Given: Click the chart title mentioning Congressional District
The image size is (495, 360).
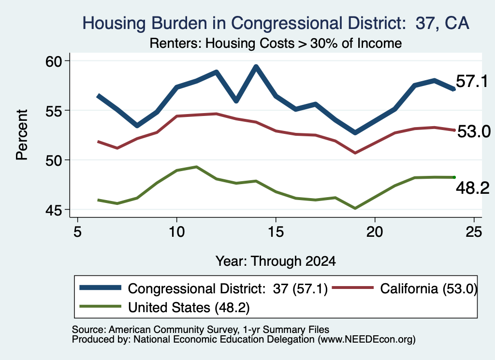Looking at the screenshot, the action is coord(276,23).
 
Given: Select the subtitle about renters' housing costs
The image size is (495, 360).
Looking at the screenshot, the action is coord(276,43).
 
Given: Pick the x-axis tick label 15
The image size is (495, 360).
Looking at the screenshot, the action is coord(276,232).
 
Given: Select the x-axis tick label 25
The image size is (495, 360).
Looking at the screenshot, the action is coord(474,232).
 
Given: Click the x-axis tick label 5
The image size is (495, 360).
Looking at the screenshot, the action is coord(77,232).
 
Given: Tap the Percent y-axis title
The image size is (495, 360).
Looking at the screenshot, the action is coord(22,135).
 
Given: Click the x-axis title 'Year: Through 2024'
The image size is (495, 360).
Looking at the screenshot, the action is coord(276,261).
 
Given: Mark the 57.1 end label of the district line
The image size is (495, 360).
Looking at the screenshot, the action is coord(472,81).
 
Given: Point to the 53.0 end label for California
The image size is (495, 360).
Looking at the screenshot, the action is coord(474,131).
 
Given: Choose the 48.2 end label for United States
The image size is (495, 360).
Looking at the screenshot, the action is coord(473,188).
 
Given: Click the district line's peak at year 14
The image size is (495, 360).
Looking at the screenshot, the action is coord(256,67).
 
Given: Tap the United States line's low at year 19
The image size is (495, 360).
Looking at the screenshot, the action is coord(355,208).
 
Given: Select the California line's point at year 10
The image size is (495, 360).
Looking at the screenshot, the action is coord(177,116).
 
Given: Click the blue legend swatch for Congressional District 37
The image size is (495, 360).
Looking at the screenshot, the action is coord(101,288).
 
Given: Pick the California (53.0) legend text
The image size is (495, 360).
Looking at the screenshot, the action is coord(428,288).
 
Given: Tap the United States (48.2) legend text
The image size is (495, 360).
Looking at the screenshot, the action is coord(189,307).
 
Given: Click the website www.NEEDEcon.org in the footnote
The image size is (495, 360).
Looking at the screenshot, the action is coord(366,340).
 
